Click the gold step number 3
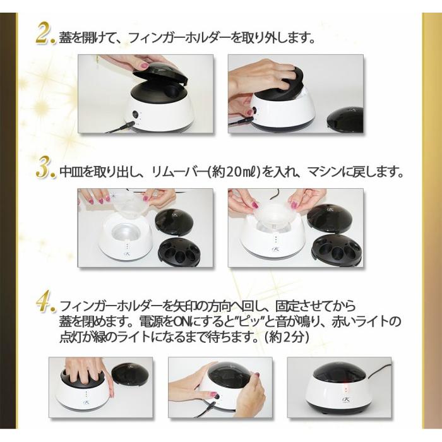coord(45,170)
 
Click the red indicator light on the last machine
coord(345,390)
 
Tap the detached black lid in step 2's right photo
coord(345,121)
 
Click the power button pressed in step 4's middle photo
coord(216,397)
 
